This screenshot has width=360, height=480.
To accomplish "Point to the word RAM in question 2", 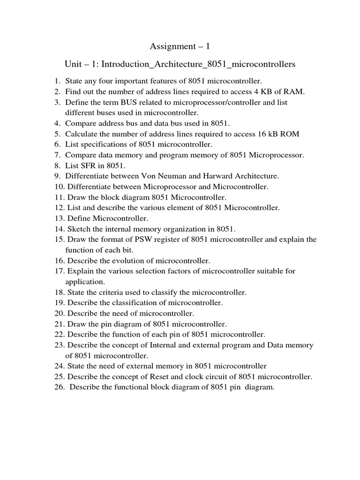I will (295, 91).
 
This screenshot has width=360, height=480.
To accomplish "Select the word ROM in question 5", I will (290, 134).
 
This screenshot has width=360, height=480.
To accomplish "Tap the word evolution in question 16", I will (116, 260).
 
